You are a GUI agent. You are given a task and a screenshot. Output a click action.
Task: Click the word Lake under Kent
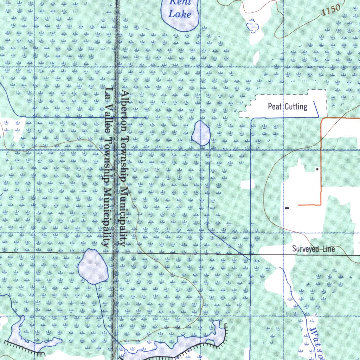point(180,14)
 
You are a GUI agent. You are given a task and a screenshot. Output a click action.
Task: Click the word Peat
point(275,106)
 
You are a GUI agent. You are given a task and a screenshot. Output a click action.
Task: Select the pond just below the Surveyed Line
point(93,266)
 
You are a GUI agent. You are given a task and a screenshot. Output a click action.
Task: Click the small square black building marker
point(317,169)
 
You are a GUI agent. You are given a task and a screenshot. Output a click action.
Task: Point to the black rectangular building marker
point(287,208)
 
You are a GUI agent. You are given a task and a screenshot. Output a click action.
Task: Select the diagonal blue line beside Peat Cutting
point(316,108)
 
